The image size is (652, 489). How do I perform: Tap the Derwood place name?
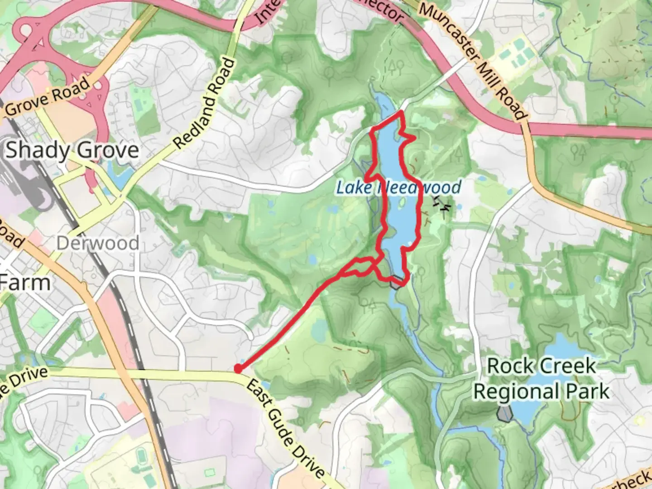pos(97,243)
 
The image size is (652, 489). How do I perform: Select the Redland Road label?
pos(205,104)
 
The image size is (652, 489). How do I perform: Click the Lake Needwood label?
pos(398,187)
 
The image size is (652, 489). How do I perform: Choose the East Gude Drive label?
pos(285,427)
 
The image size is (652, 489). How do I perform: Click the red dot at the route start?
pos(237,369)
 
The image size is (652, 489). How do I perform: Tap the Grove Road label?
pos(48,97)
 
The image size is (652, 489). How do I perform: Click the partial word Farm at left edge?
pos(25,283)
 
